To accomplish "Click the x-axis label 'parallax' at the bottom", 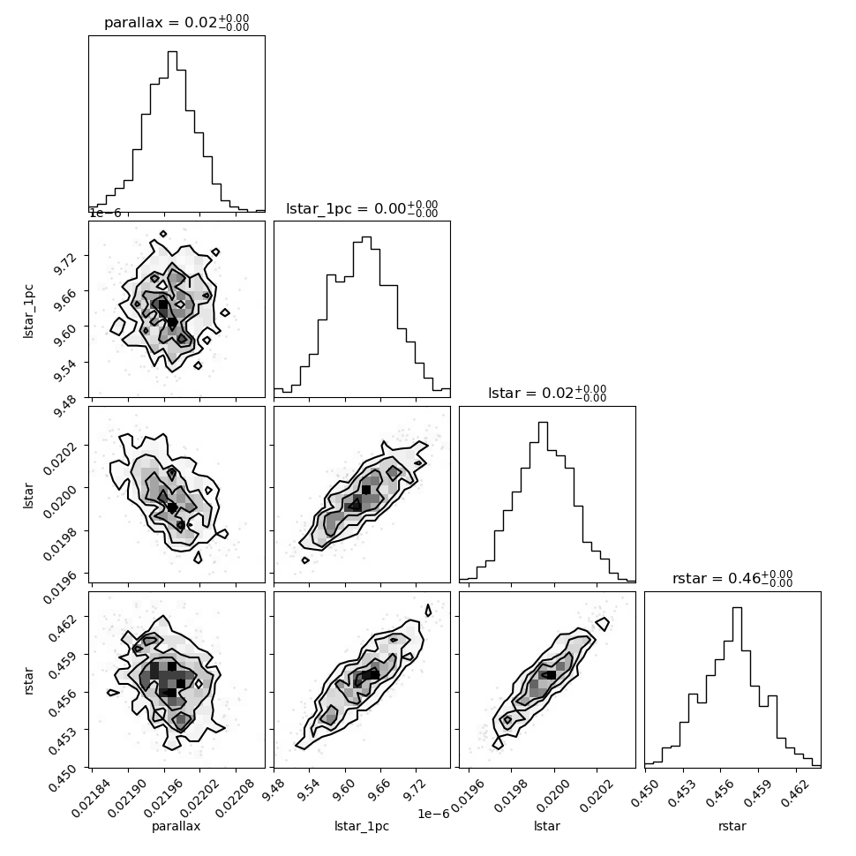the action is [176, 826].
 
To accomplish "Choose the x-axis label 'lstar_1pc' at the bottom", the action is [362, 826].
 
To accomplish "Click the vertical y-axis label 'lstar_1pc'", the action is [28, 311].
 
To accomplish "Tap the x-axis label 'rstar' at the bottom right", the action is [732, 826].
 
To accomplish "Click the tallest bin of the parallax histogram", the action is [172, 131].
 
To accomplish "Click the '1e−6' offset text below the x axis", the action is [433, 814].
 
